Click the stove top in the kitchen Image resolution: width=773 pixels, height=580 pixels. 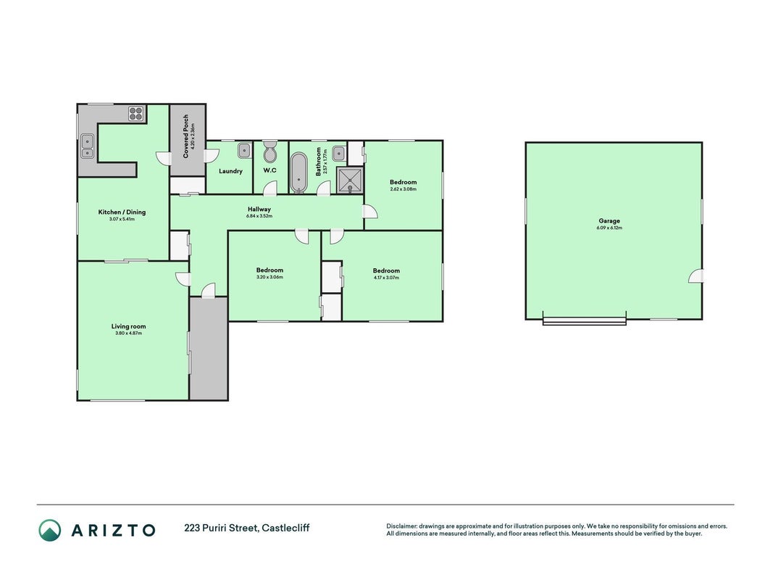pyautogui.click(x=136, y=114)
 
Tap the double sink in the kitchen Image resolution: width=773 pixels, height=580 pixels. pyautogui.click(x=87, y=147)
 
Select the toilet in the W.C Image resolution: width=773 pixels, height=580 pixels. pyautogui.click(x=270, y=152)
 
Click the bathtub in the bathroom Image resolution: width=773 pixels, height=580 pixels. pyautogui.click(x=298, y=172)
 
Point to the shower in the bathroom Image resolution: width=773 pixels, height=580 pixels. pyautogui.click(x=350, y=180)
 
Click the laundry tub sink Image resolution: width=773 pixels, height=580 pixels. pyautogui.click(x=245, y=150)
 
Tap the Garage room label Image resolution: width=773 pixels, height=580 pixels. pyautogui.click(x=609, y=221)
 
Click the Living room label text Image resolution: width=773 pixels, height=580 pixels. pyautogui.click(x=129, y=326)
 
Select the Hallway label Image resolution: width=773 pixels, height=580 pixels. pyautogui.click(x=259, y=209)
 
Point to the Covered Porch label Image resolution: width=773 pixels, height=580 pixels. pyautogui.click(x=186, y=136)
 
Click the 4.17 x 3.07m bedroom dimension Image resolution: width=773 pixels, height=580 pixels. pyautogui.click(x=387, y=278)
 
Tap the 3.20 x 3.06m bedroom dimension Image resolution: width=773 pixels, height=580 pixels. pyautogui.click(x=269, y=277)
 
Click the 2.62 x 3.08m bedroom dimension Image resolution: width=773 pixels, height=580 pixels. pyautogui.click(x=404, y=189)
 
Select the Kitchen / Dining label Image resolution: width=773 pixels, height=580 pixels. pyautogui.click(x=122, y=212)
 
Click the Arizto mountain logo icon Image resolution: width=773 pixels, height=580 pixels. pyautogui.click(x=50, y=530)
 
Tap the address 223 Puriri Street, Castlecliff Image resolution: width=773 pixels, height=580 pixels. pyautogui.click(x=247, y=528)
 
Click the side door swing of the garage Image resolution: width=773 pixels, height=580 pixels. pyautogui.click(x=696, y=277)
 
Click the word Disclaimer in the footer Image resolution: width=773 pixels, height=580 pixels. pyautogui.click(x=402, y=526)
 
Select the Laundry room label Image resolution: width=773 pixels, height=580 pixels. pyautogui.click(x=230, y=171)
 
